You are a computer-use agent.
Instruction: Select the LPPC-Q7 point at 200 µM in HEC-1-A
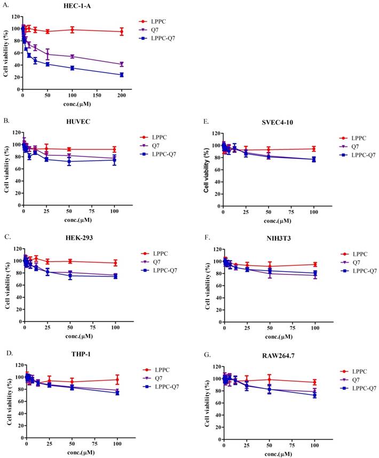pyautogui.click(x=122, y=75)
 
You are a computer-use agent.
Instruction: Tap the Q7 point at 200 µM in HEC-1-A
pyautogui.click(x=122, y=64)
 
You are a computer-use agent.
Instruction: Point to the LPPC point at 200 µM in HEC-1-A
pyautogui.click(x=122, y=31)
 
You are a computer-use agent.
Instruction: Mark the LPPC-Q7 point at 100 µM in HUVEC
pyautogui.click(x=114, y=160)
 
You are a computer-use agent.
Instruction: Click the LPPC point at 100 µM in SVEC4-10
pyautogui.click(x=314, y=149)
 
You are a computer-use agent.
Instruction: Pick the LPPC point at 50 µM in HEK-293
pyautogui.click(x=69, y=261)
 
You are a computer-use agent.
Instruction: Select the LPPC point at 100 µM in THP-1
pyautogui.click(x=117, y=380)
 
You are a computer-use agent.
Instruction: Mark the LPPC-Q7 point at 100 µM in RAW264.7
pyautogui.click(x=314, y=395)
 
